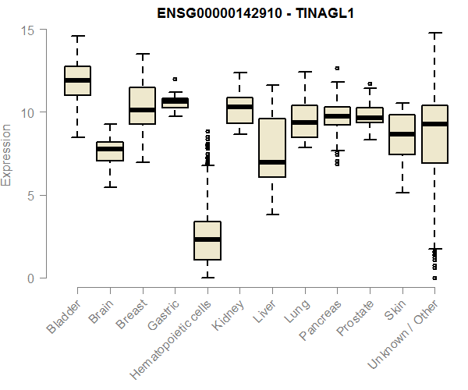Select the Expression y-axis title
click(x=7, y=154)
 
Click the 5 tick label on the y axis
click(x=30, y=195)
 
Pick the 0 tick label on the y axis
click(x=30, y=278)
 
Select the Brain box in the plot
click(x=109, y=151)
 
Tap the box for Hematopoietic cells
click(x=207, y=240)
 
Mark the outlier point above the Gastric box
click(x=175, y=79)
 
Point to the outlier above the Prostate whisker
click(x=370, y=83)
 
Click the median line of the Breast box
click(x=142, y=110)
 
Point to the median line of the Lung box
click(x=304, y=122)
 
